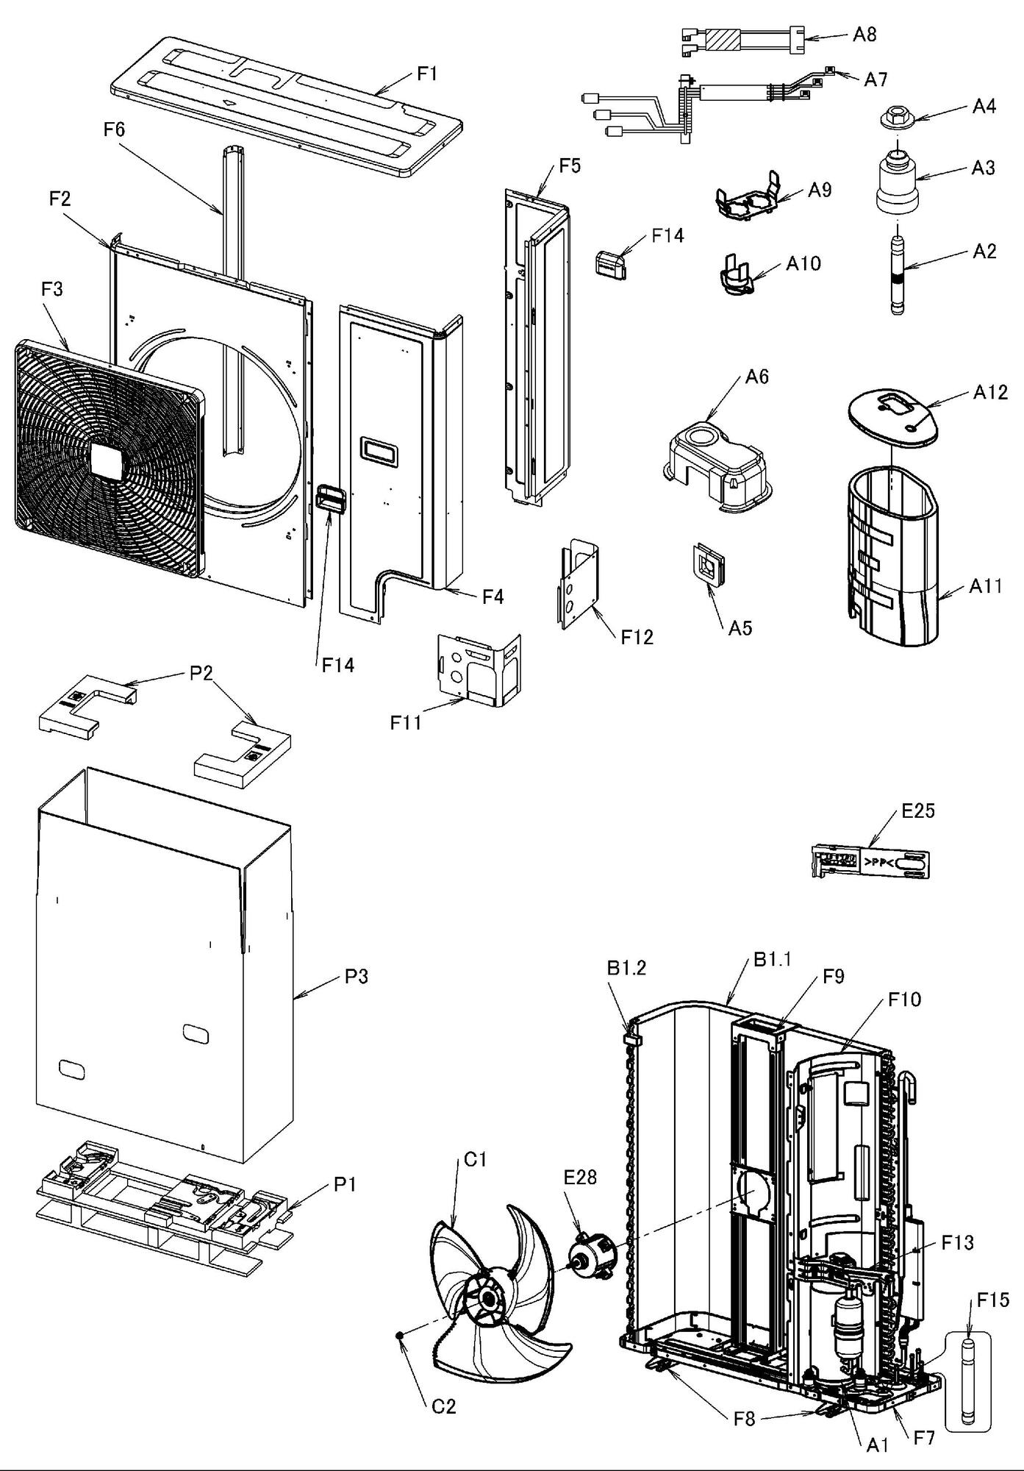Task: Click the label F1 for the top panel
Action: (x=427, y=74)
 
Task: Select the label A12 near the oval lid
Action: (x=990, y=392)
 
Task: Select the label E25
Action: (x=918, y=811)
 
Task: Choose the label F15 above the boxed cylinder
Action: (x=992, y=1300)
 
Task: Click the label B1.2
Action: (x=626, y=968)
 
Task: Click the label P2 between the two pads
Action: (x=201, y=674)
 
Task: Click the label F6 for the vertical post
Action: (x=114, y=130)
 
